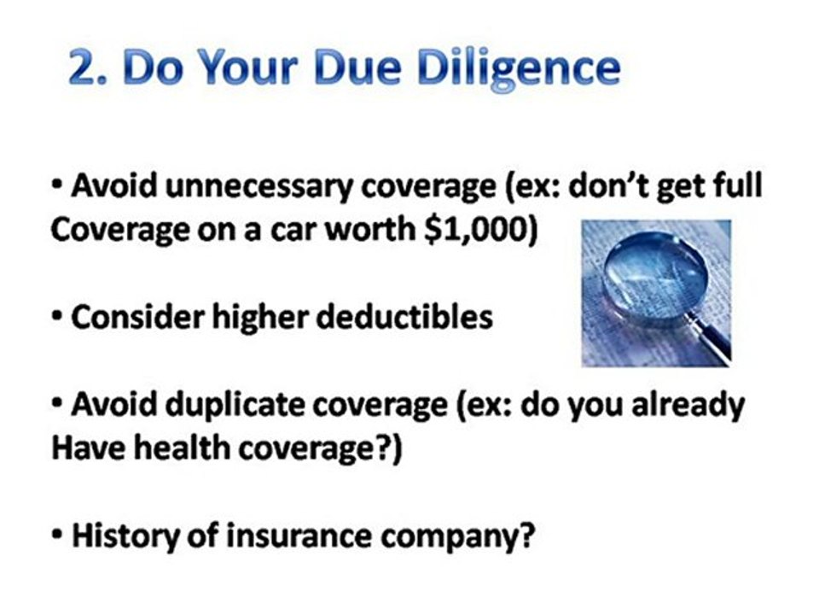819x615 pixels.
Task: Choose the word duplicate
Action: [231, 404]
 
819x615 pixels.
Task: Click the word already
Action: [687, 406]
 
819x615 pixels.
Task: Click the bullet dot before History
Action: [57, 536]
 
